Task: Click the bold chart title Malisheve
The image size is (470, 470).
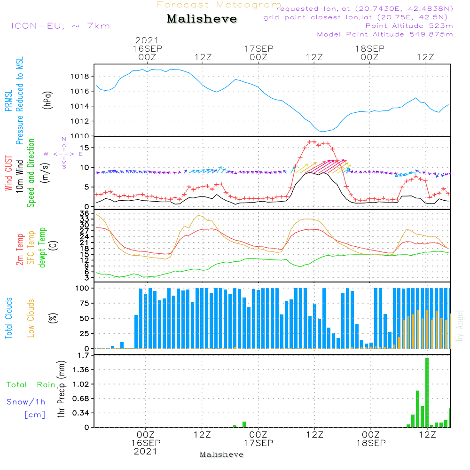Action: (x=202, y=19)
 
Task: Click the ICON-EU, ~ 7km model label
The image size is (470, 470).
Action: (x=60, y=26)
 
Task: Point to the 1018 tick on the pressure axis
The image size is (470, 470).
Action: (x=82, y=76)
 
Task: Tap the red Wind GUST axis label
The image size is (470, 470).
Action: (x=8, y=173)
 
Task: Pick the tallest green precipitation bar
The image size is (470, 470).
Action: (x=427, y=392)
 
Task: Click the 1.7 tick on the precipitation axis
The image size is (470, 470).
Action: (x=84, y=355)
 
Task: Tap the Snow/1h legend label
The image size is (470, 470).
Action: (x=26, y=402)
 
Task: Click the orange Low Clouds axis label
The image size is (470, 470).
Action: (x=31, y=318)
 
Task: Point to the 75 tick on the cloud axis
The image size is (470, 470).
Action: (x=84, y=303)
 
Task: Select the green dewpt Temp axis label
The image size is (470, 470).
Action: (x=43, y=248)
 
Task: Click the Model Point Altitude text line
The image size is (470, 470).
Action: (x=385, y=34)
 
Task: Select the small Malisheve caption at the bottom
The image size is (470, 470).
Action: (x=221, y=454)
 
